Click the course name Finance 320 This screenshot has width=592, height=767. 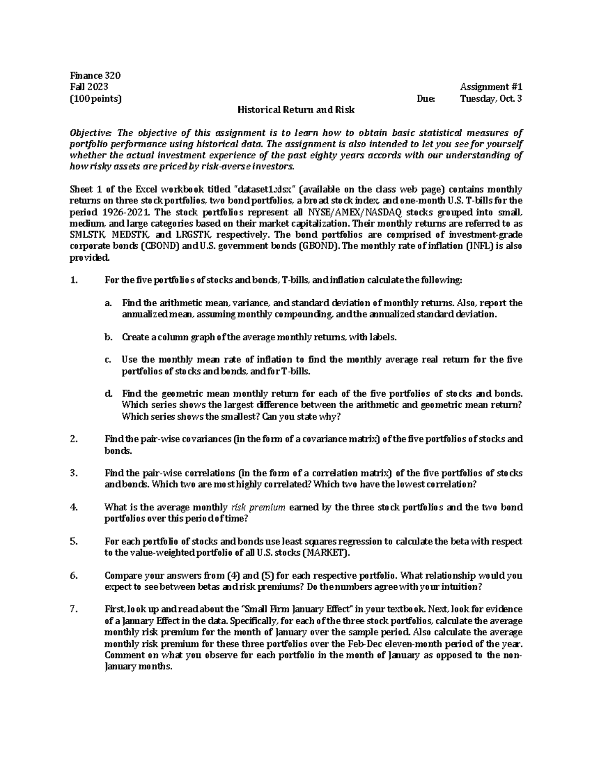[x=96, y=76]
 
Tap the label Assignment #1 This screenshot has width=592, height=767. [x=491, y=87]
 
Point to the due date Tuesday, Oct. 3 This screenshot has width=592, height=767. [x=491, y=98]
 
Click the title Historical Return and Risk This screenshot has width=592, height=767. [x=296, y=110]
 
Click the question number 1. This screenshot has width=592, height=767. [x=74, y=281]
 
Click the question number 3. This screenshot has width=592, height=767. [x=74, y=474]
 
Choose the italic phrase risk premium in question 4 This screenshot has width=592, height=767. [x=258, y=508]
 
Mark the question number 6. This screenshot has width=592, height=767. [x=74, y=576]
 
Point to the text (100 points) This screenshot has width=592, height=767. [x=96, y=98]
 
